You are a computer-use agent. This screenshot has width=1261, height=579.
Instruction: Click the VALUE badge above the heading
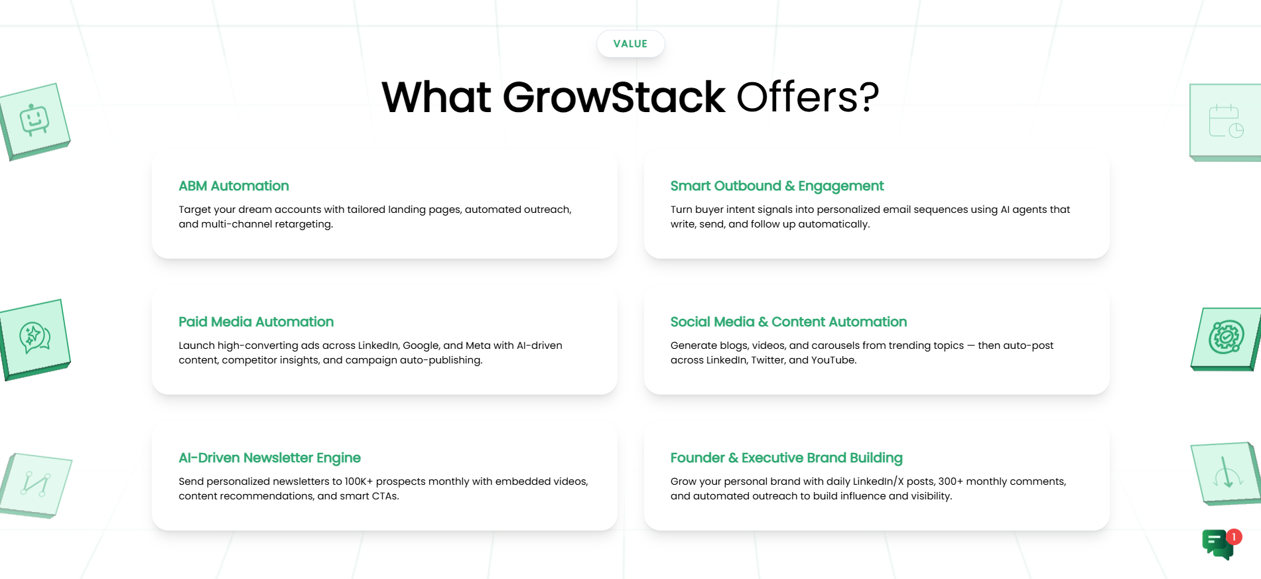coord(630,44)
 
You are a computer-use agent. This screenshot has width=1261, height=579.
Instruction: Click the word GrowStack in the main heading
coord(614,97)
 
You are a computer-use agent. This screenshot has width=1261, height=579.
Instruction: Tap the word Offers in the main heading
coord(798,97)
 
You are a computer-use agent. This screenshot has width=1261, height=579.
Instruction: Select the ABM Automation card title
coord(233,186)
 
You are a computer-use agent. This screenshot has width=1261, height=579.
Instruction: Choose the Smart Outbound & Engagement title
coord(777,186)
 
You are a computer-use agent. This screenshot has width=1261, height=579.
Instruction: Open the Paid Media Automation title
coord(256,322)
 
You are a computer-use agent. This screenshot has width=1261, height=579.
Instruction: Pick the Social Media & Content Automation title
coord(789,322)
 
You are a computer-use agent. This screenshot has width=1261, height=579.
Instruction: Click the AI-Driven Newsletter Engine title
coord(269,458)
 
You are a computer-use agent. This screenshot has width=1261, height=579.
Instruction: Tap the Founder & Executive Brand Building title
coord(786,458)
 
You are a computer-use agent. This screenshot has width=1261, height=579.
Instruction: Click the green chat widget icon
coord(1218,545)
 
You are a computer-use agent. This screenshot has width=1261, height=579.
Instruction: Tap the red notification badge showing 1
coord(1234,537)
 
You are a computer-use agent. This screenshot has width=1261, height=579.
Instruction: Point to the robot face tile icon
coord(34,121)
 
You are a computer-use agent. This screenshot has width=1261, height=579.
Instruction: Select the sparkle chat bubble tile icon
coord(34,338)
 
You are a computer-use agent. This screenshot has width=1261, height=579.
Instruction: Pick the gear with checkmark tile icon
coord(1226,338)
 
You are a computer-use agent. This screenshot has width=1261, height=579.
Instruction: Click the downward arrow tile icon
coord(1227,474)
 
